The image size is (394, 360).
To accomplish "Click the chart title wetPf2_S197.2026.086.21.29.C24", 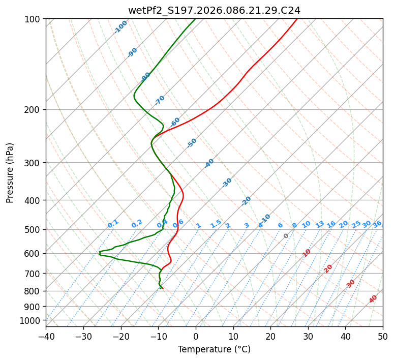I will click(214, 10).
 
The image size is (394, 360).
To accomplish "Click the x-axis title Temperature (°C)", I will click(214, 350).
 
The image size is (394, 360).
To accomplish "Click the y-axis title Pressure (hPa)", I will click(10, 173).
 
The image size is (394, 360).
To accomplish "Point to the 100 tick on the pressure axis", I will click(34, 19).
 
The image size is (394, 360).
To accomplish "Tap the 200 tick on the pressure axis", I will click(34, 110).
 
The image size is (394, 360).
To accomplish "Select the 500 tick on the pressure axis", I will click(34, 230).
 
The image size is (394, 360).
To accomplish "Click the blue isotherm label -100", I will click(120, 27).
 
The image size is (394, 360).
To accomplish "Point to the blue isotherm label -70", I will click(160, 100).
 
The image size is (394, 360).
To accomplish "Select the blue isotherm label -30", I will click(227, 183).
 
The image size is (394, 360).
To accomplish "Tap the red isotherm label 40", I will click(373, 299).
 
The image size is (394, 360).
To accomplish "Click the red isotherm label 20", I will click(328, 268).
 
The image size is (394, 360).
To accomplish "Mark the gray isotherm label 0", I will click(286, 236).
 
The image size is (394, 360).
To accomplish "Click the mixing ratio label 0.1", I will click(113, 223).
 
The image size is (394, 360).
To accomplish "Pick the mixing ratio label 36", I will click(377, 224).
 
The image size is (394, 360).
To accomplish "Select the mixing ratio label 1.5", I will click(216, 223).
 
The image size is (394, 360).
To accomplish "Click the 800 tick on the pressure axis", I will click(34, 291).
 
